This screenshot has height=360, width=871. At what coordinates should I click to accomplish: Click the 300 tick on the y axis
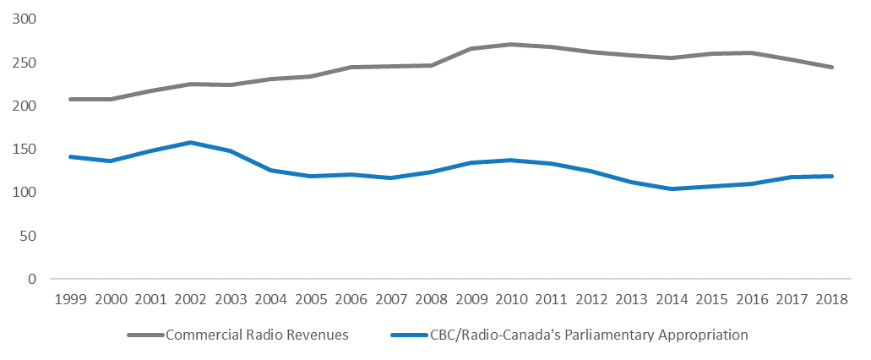pos(25,19)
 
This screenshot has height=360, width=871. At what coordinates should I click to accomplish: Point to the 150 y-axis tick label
pos(25,149)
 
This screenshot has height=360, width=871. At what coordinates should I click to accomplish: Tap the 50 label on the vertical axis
pos(30,236)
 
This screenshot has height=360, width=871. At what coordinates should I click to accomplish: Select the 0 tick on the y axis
pos(33,279)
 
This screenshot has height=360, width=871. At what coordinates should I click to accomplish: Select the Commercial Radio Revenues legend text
pos(257,335)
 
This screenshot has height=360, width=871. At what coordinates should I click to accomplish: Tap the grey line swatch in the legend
pos(144,335)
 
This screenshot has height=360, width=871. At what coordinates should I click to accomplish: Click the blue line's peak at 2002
pos(190,142)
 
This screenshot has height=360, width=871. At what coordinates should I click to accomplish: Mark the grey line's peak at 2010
pos(511,44)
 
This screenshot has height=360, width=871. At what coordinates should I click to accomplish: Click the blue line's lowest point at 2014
pos(672,188)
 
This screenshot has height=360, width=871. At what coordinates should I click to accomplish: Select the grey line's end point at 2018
pos(832,67)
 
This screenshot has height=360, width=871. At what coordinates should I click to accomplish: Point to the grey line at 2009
pos(471,49)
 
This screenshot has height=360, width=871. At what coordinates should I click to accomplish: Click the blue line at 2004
pos(270,170)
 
